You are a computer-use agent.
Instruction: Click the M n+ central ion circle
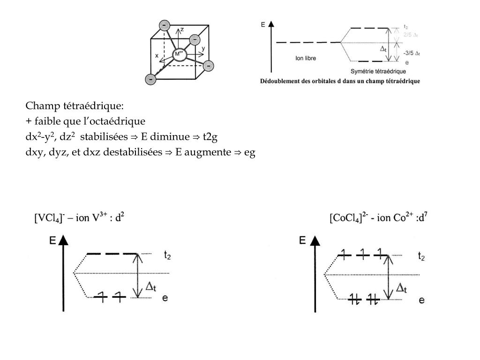pyautogui.click(x=179, y=54)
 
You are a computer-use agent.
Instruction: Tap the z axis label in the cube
pyautogui.click(x=182, y=30)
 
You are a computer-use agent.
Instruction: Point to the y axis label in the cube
pyautogui.click(x=203, y=48)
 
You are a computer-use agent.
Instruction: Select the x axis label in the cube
pyautogui.click(x=157, y=55)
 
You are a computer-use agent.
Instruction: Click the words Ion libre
pyautogui.click(x=306, y=59)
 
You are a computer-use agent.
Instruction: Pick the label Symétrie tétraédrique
pyautogui.click(x=378, y=71)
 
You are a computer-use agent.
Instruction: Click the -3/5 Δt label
pyautogui.click(x=412, y=53)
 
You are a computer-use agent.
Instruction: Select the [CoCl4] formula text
pyautogui.click(x=348, y=218)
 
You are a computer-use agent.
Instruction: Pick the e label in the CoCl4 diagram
pyautogui.click(x=422, y=300)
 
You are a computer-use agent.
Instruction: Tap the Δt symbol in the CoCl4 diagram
pyautogui.click(x=401, y=288)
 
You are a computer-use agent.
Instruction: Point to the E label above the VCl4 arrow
pyautogui.click(x=52, y=240)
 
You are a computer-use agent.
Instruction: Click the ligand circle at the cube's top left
pyautogui.click(x=165, y=25)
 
